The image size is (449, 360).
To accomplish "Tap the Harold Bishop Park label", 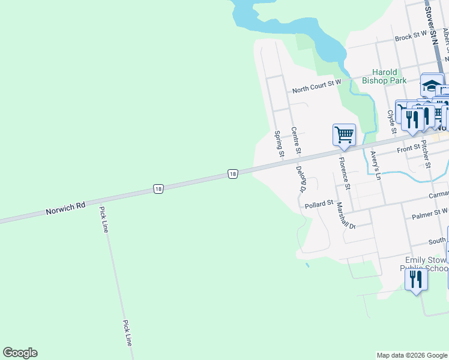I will click(x=384, y=76).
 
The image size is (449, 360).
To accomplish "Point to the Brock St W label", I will click(x=411, y=37).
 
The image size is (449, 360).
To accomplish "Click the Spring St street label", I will click(x=279, y=144).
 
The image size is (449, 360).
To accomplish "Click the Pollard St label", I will click(x=319, y=205).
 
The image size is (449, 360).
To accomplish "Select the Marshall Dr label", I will click(x=346, y=215).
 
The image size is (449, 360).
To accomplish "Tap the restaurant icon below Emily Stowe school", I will click(x=415, y=280).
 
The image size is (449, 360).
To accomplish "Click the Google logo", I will click(x=20, y=353).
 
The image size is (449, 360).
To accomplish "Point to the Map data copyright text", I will click(x=412, y=355).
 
